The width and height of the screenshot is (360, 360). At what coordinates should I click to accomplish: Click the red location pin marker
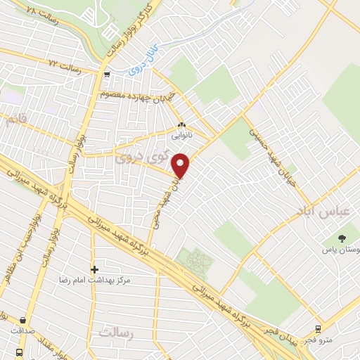coord(181,165)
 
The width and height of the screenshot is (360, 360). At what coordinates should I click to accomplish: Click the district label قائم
coord(20,121)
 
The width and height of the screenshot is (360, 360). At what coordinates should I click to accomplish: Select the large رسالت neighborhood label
coord(117,333)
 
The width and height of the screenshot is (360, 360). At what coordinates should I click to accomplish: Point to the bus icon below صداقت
coord(19,351)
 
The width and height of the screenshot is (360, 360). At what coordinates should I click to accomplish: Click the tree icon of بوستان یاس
coord(342,239)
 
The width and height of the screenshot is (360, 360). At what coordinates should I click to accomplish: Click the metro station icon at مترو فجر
coord(318,328)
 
